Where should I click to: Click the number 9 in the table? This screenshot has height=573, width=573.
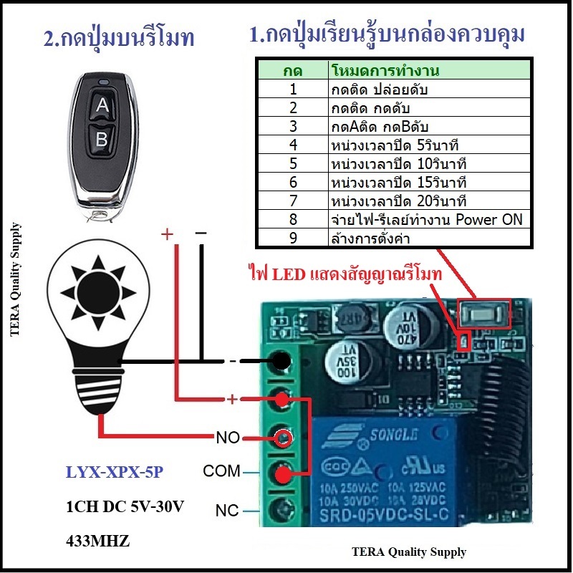pyautogui.click(x=293, y=238)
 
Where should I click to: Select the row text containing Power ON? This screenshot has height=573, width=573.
pyautogui.click(x=427, y=219)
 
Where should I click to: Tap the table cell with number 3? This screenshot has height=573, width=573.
pyautogui.click(x=293, y=126)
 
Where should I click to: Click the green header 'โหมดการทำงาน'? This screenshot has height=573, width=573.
pyautogui.click(x=385, y=71)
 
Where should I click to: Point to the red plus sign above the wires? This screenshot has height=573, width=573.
pyautogui.click(x=167, y=234)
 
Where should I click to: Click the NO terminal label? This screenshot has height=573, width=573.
pyautogui.click(x=228, y=437)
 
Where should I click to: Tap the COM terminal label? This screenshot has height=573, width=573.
pyautogui.click(x=221, y=471)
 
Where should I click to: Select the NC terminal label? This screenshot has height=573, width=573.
pyautogui.click(x=227, y=511)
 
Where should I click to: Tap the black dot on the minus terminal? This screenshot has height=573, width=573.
pyautogui.click(x=281, y=361)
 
